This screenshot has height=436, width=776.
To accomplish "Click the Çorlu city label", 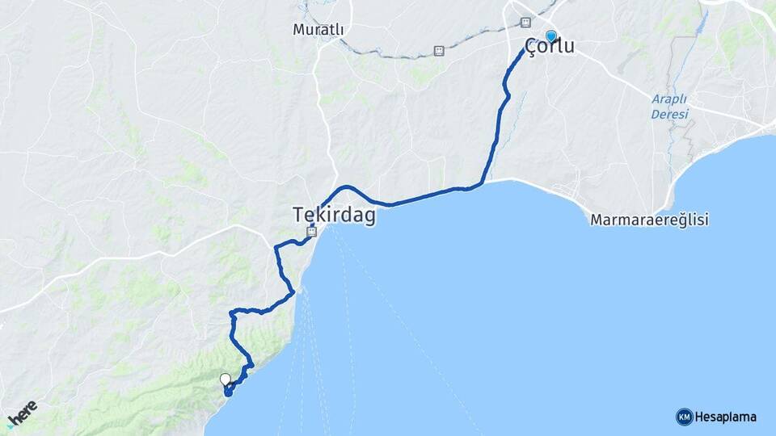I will (550, 47).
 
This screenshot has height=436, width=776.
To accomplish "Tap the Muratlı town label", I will (318, 30).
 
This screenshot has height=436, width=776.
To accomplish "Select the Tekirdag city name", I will (334, 216).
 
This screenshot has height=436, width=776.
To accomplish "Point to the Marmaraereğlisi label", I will (649, 220).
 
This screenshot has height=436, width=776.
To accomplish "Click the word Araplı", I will (669, 99).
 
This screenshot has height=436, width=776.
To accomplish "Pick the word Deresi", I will (669, 114).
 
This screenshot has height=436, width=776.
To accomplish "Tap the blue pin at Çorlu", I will (551, 36).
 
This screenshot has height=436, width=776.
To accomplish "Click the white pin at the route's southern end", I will (225, 379).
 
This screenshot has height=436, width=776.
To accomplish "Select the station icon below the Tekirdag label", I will (311, 232).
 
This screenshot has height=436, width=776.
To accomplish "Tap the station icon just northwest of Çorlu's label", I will (525, 22).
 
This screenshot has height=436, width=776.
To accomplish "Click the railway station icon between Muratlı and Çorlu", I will (439, 50).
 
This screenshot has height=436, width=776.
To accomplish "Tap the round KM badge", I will (684, 417).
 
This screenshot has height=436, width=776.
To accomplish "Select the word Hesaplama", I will (726, 417).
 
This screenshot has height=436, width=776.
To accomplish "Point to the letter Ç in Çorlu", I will (531, 47).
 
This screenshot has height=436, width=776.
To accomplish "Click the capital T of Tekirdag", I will (298, 215).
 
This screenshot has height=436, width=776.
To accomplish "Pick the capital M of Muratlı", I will (298, 30).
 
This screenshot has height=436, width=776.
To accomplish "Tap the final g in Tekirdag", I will (369, 217).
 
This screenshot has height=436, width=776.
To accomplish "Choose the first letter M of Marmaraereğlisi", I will (596, 220).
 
